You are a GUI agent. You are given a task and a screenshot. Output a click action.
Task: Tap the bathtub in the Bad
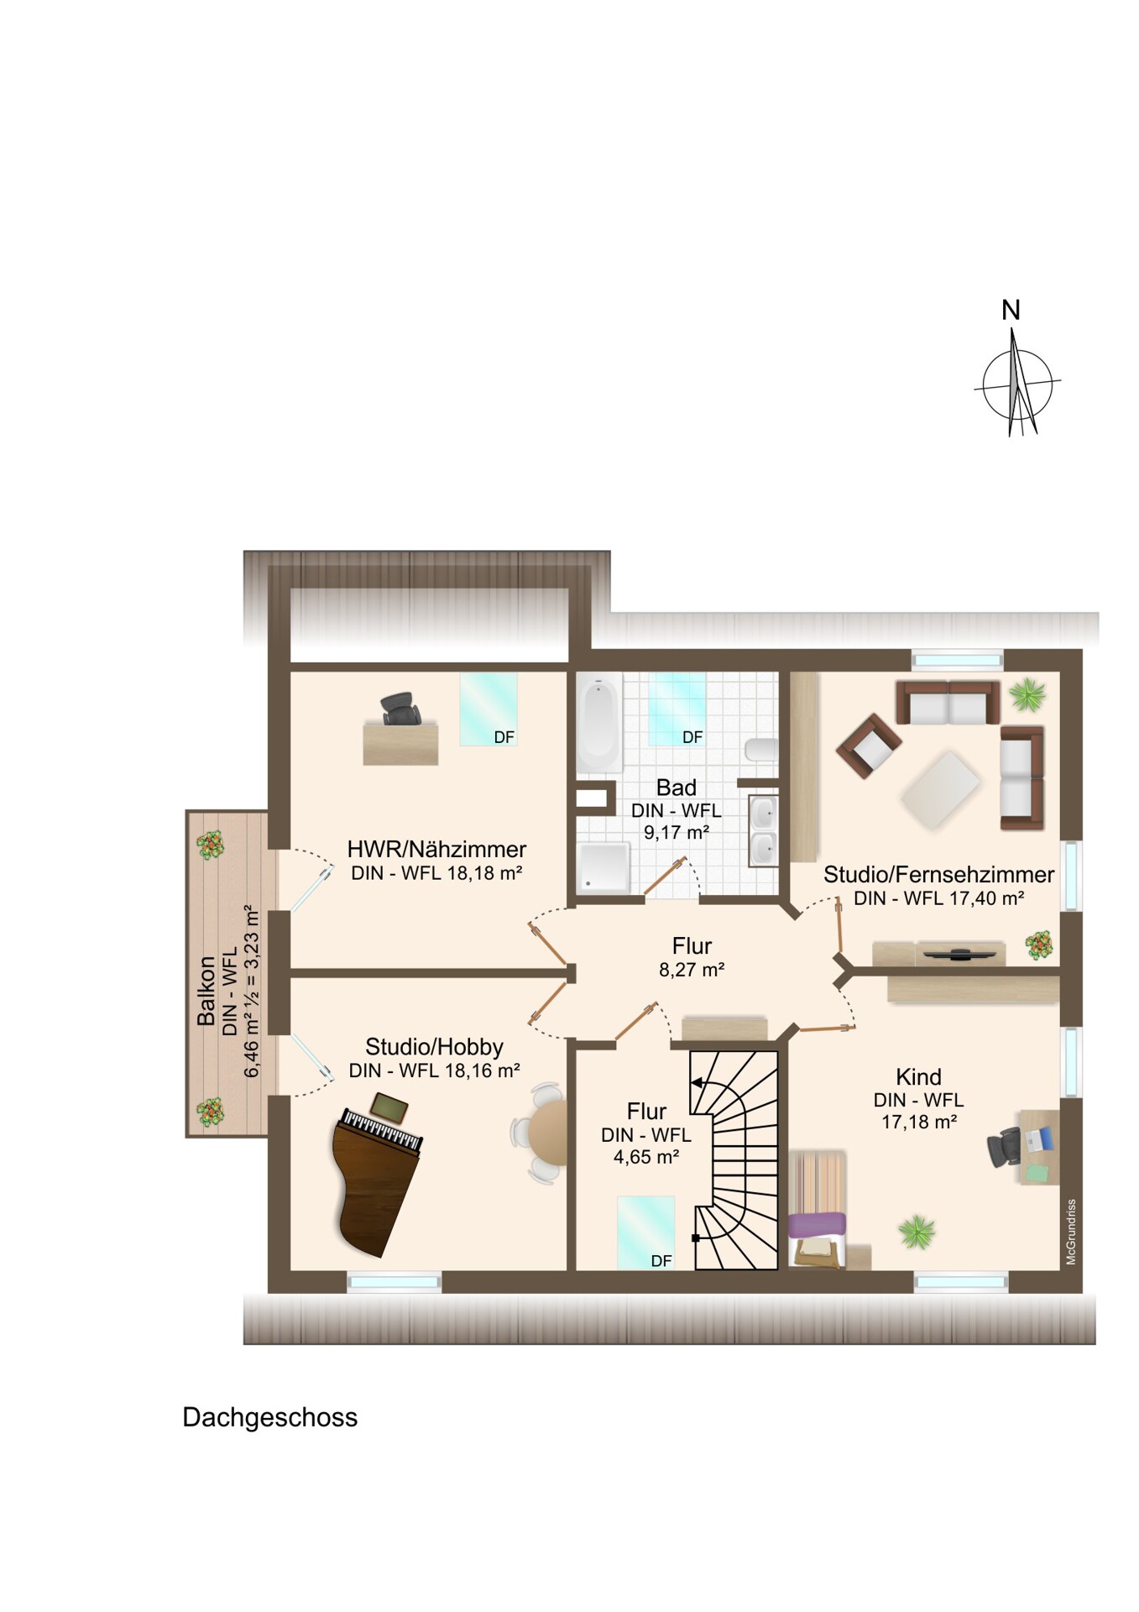(598, 724)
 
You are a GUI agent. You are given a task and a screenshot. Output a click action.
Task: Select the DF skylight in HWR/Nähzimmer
(488, 709)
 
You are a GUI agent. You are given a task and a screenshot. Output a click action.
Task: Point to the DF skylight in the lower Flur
(645, 1233)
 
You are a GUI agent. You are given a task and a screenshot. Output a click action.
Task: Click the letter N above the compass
(1011, 311)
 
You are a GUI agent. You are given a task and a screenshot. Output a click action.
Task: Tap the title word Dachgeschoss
(270, 1417)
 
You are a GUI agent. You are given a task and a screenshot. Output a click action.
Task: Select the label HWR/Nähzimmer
(436, 849)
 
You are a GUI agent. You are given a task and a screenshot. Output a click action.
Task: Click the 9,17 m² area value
(677, 833)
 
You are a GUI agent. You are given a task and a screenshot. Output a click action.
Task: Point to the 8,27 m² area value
(692, 970)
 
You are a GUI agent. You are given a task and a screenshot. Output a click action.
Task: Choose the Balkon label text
(206, 992)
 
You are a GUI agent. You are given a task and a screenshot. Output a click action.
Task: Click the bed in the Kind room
(818, 1209)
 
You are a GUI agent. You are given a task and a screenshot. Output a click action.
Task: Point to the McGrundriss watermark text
(1071, 1232)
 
